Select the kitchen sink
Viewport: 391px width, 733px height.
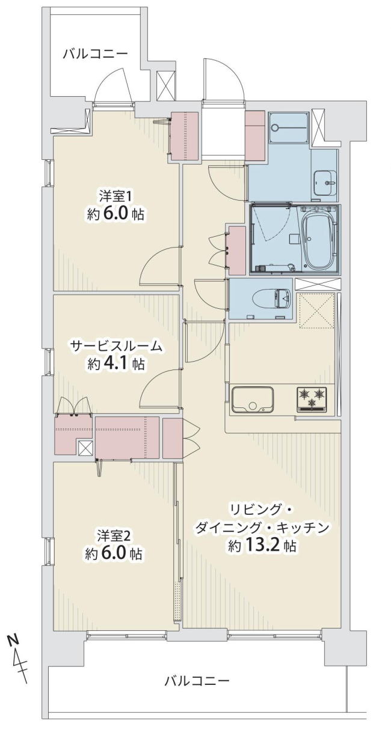(253, 399)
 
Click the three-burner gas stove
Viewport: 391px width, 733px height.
(312, 399)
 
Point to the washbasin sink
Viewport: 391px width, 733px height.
(325, 183)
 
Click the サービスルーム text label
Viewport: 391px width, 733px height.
(115, 346)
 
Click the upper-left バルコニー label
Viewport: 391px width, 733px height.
(95, 53)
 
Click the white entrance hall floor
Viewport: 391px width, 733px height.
(223, 133)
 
